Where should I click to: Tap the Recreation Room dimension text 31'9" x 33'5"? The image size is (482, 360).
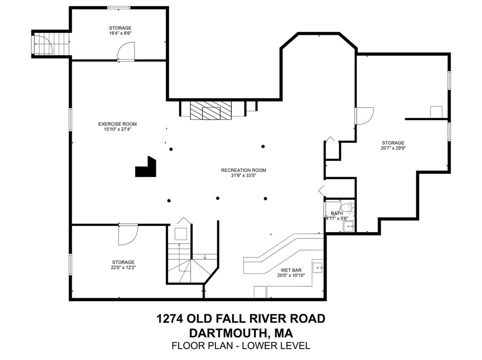(243, 175)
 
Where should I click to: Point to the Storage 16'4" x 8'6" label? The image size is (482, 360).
(120, 28)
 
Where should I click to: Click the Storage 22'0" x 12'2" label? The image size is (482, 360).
(123, 262)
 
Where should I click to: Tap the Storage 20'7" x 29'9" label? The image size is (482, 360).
(393, 142)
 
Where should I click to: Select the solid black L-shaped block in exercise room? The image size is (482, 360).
(146, 168)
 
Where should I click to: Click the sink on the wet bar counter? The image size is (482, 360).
(318, 265)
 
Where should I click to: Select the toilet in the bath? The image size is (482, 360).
(350, 208)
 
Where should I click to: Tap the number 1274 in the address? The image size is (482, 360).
(169, 318)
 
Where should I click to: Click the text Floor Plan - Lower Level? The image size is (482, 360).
(241, 346)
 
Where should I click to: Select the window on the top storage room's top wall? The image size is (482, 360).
(118, 8)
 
